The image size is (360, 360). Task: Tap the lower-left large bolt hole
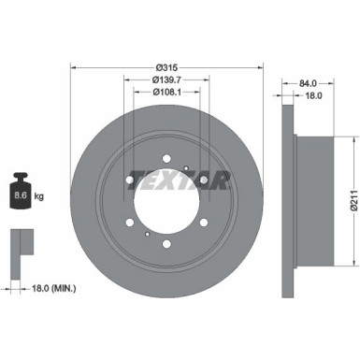pos(127,223)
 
